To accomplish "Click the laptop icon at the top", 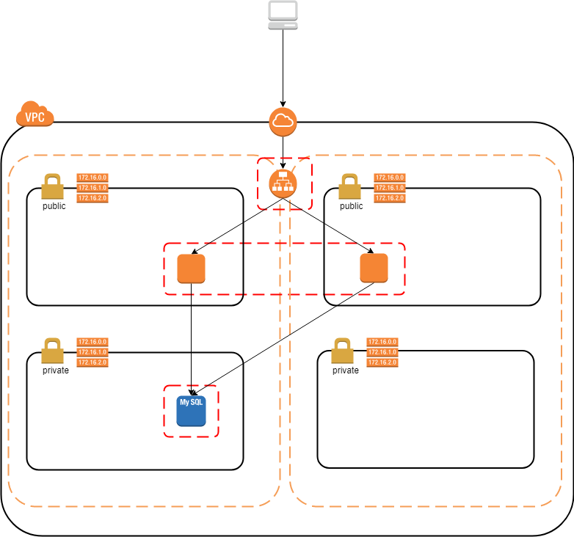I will (283, 15).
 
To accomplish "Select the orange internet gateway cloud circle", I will (283, 122).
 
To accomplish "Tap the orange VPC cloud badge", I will (34, 115).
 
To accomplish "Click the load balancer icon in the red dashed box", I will (283, 183).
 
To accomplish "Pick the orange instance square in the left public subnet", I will (191, 268).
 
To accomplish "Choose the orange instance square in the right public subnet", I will (374, 268).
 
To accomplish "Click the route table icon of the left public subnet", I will (92, 188).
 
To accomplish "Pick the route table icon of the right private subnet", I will (382, 352).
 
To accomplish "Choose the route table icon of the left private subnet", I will (92, 352).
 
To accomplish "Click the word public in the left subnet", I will (54, 206).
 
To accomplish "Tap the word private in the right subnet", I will (345, 370).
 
